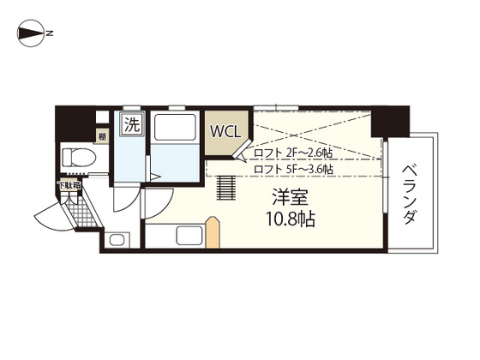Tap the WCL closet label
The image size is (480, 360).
pos(226,133)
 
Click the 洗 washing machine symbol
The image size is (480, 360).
pos(131,123)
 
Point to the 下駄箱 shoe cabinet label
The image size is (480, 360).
pos(69,184)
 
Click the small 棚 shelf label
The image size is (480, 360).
pos(101,135)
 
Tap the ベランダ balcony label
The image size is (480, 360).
pos(409,193)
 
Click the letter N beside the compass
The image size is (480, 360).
pos(51,34)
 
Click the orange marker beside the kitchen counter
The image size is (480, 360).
pos(214,234)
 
